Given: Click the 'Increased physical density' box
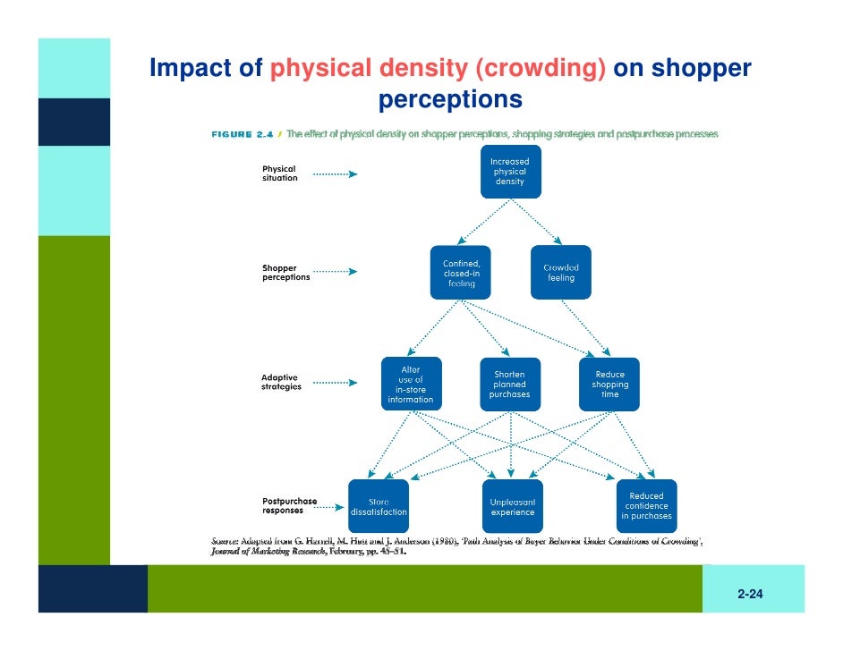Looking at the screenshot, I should pyautogui.click(x=510, y=172).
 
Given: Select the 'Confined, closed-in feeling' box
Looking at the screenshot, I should pyautogui.click(x=461, y=273).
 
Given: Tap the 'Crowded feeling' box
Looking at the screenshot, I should pyautogui.click(x=561, y=273).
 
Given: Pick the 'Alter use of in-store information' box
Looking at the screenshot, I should pyautogui.click(x=411, y=385).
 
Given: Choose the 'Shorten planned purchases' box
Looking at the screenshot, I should pyautogui.click(x=510, y=385).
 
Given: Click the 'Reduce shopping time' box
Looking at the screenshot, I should pyautogui.click(x=609, y=385).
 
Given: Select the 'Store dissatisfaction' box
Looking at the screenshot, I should pyautogui.click(x=379, y=507).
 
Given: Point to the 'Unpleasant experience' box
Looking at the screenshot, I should pyautogui.click(x=512, y=507).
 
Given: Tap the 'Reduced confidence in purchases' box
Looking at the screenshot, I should pyautogui.click(x=646, y=507).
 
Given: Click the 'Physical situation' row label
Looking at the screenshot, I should pyautogui.click(x=279, y=173).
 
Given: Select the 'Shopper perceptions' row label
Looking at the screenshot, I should pyautogui.click(x=285, y=273).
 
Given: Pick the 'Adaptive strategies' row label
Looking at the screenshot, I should pyautogui.click(x=281, y=382).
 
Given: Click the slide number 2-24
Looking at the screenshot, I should pyautogui.click(x=750, y=594).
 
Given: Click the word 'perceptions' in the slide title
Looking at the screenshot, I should pyautogui.click(x=450, y=99).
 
